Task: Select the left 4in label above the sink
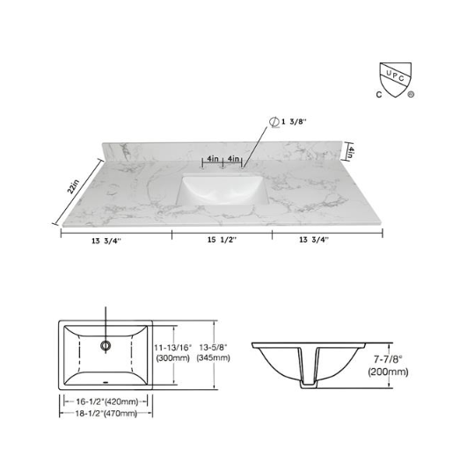212,159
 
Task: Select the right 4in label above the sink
233,159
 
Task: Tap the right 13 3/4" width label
313,240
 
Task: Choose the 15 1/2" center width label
221,240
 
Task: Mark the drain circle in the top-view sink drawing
106,345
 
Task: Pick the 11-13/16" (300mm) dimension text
172,352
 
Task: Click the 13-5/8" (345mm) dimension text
215,352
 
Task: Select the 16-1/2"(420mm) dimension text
106,401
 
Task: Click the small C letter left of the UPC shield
378,91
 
